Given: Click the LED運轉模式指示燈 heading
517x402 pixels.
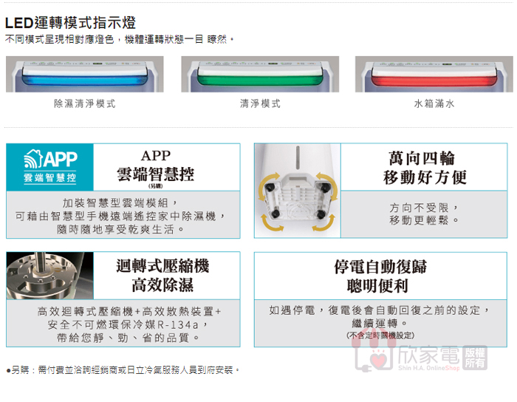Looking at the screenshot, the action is (x=70, y=23).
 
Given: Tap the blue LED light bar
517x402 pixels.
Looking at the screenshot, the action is (x=85, y=80).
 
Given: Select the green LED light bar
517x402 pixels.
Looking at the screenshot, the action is (x=260, y=80).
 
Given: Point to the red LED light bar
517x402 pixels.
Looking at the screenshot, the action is (x=434, y=81).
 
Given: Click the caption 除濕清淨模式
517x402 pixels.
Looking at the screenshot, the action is (x=85, y=103).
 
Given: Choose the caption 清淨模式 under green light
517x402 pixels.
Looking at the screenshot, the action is (x=260, y=103).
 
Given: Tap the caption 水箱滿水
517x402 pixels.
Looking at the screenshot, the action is (x=434, y=103).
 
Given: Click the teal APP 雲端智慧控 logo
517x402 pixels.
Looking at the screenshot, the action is (x=49, y=167).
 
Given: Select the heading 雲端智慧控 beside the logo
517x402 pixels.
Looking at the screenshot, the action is (x=156, y=174).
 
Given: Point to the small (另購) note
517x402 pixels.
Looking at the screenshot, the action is (x=156, y=186).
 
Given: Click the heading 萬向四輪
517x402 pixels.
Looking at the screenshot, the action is (x=422, y=158).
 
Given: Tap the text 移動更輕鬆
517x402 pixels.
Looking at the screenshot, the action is (x=419, y=220).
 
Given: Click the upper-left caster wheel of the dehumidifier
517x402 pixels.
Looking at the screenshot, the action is (x=272, y=187).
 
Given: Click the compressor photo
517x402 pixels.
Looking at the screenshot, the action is (x=49, y=276).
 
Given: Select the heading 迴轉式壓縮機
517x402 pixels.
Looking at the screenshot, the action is (x=162, y=266).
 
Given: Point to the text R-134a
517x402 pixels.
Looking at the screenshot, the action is (x=178, y=325).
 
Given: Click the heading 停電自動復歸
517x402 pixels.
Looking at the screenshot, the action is (x=380, y=267).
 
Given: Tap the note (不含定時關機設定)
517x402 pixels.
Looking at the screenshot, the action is (x=380, y=335).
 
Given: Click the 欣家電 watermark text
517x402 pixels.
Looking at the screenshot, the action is (x=428, y=355).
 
